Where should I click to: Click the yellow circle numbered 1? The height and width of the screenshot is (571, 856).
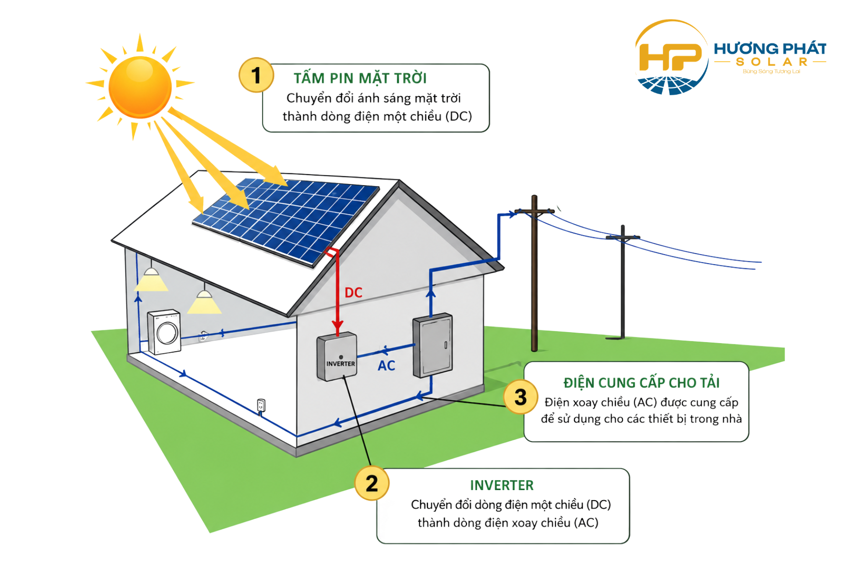[256, 75]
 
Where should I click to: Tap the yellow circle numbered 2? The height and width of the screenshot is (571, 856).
[372, 483]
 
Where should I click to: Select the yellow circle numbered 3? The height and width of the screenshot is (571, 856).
[521, 397]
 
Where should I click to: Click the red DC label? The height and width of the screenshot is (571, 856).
[353, 293]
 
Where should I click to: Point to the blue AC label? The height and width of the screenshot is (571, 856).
[386, 366]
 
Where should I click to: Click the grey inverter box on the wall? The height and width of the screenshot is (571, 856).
[337, 356]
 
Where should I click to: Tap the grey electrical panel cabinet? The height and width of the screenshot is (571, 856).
[432, 345]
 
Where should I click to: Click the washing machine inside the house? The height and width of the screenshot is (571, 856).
[164, 332]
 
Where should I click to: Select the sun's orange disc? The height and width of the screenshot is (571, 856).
[140, 87]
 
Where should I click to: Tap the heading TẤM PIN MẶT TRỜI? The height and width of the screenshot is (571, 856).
[360, 78]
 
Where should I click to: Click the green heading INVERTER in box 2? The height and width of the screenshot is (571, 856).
[502, 485]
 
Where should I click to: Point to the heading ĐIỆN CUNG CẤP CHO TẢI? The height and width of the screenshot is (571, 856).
[641, 383]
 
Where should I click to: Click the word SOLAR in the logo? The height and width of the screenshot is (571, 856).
[771, 62]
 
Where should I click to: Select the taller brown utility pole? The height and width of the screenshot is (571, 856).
[535, 274]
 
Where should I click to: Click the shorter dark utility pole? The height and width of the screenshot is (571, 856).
[623, 283]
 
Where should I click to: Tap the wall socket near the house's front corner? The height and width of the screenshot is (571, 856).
[261, 405]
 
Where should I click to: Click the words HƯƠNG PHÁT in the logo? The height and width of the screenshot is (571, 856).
[770, 49]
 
